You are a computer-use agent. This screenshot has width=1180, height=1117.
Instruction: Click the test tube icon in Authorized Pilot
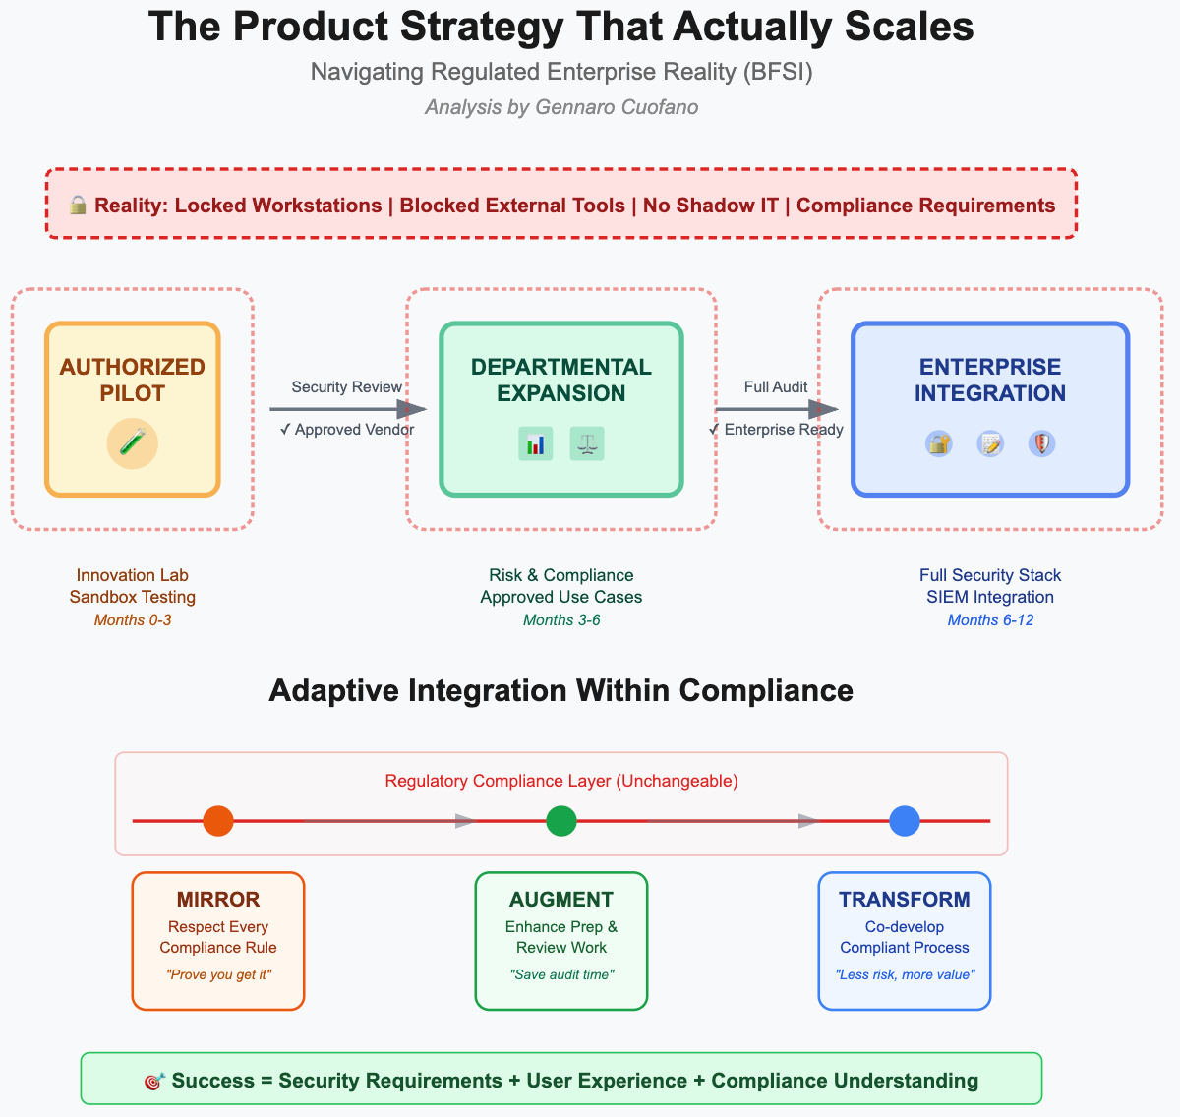(x=133, y=444)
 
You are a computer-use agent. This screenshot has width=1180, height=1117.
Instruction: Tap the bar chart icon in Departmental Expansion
(x=535, y=444)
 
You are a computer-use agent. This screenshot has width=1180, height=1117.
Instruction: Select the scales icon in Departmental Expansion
(x=587, y=444)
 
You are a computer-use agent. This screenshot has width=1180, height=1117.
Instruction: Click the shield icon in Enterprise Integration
(x=1041, y=444)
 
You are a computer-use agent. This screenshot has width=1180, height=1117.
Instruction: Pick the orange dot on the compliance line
(x=218, y=821)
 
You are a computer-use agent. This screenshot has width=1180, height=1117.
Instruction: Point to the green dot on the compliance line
(x=561, y=821)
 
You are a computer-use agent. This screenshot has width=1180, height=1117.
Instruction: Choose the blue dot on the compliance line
(x=905, y=821)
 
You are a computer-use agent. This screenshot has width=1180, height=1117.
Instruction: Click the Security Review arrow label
(x=346, y=387)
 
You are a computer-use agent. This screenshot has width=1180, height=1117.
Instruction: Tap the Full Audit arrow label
(x=776, y=387)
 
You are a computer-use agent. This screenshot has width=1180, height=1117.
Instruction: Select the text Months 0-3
(x=133, y=620)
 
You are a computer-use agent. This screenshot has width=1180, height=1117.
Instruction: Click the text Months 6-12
(x=990, y=620)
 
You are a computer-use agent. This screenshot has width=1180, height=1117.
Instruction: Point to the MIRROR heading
(x=218, y=900)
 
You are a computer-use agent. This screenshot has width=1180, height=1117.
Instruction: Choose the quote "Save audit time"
(x=561, y=974)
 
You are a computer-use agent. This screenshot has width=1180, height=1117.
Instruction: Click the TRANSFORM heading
(x=905, y=900)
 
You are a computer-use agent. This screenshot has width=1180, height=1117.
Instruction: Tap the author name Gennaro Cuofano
(x=617, y=107)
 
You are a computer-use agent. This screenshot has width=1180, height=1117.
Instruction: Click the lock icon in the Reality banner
(x=78, y=205)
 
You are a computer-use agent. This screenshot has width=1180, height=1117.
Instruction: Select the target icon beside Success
(x=153, y=1082)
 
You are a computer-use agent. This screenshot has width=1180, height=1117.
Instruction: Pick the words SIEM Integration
(x=990, y=597)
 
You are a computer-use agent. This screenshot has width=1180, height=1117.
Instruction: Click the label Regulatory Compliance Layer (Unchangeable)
(x=561, y=782)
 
